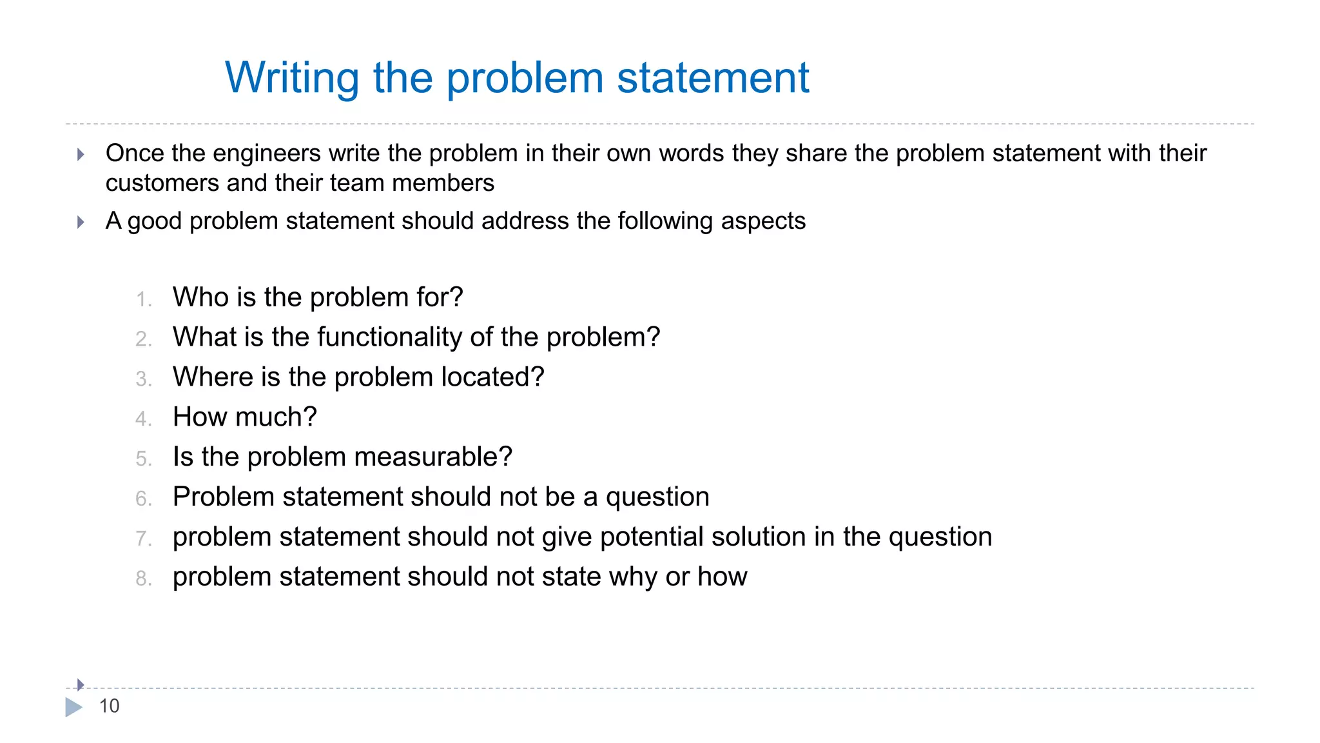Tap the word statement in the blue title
tap(712, 78)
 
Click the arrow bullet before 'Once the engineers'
tap(81, 154)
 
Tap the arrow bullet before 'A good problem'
tap(81, 223)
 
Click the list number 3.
tap(143, 379)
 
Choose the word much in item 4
tap(276, 417)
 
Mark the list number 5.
tap(143, 459)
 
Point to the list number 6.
tap(143, 499)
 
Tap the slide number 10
tap(109, 706)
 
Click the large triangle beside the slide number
tap(73, 708)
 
